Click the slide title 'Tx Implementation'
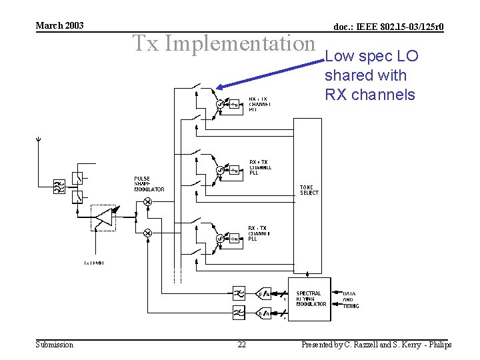[x=223, y=43]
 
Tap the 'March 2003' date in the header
[x=59, y=25]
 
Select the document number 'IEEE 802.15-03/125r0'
[x=388, y=27]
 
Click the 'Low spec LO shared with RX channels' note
[x=371, y=75]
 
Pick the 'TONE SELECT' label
[x=309, y=190]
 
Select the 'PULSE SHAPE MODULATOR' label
[x=149, y=184]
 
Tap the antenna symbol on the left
[x=39, y=141]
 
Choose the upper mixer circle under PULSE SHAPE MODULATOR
[x=147, y=201]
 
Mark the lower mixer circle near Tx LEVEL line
[x=147, y=233]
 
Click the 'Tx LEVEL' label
[x=93, y=263]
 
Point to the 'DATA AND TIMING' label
[x=350, y=299]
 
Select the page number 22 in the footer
[x=241, y=345]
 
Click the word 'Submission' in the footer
[x=54, y=345]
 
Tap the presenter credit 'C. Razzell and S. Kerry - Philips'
[x=376, y=345]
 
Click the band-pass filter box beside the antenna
[x=59, y=187]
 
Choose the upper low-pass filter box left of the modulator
[x=238, y=293]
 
